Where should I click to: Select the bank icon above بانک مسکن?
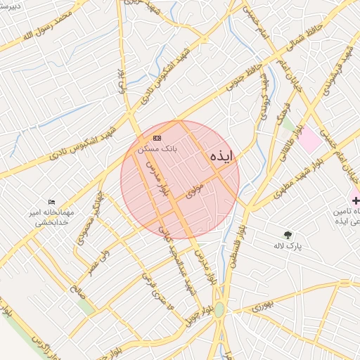157,138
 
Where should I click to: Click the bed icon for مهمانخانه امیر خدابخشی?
51,202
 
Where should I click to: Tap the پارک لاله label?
288,246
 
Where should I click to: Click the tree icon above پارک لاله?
287,234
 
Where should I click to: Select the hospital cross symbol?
355,200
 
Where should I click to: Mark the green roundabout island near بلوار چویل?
219,309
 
